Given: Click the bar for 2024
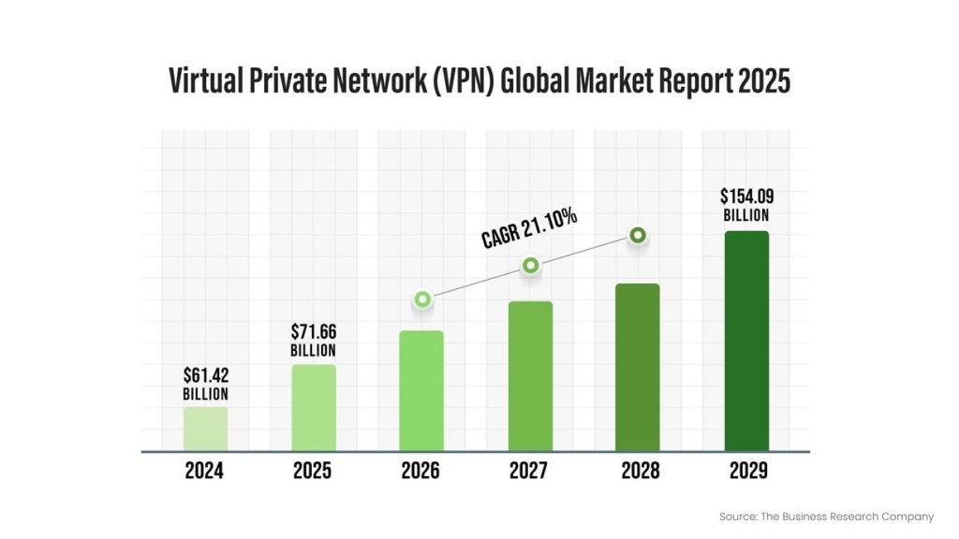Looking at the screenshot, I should pyautogui.click(x=205, y=429).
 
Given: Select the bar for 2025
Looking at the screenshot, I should pyautogui.click(x=314, y=408).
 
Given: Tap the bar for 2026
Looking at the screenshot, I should pyautogui.click(x=421, y=391).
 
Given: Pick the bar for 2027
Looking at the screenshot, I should pyautogui.click(x=530, y=376).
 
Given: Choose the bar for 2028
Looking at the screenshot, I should pyautogui.click(x=638, y=368).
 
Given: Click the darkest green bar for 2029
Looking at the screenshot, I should pyautogui.click(x=746, y=342).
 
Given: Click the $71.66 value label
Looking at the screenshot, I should pyautogui.click(x=314, y=332).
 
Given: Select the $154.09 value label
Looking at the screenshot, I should pyautogui.click(x=746, y=197).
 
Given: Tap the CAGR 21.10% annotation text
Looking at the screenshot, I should pyautogui.click(x=530, y=227).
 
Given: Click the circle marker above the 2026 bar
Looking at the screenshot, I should pyautogui.click(x=422, y=299).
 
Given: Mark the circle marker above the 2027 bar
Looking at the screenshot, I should pyautogui.click(x=530, y=266).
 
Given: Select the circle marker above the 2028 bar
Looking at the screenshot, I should pyautogui.click(x=638, y=236).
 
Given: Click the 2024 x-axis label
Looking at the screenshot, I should pyautogui.click(x=204, y=471).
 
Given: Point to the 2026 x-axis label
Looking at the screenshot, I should pyautogui.click(x=420, y=471).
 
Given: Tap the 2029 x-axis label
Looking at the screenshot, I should pyautogui.click(x=745, y=471).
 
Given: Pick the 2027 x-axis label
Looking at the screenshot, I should pyautogui.click(x=529, y=471).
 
